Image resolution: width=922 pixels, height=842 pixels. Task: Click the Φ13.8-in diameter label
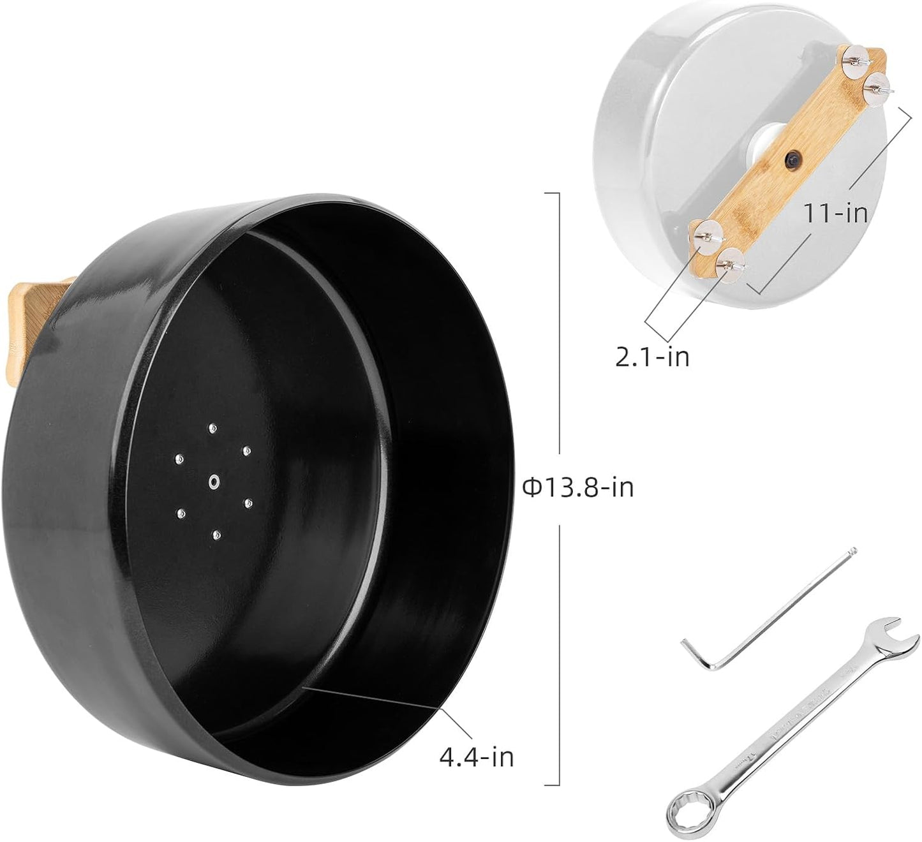pyautogui.click(x=577, y=488)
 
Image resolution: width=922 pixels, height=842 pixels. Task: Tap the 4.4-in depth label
pyautogui.click(x=476, y=757)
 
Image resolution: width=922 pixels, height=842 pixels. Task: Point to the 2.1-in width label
pyautogui.click(x=652, y=357)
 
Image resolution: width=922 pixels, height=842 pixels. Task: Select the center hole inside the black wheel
pyautogui.click(x=214, y=482)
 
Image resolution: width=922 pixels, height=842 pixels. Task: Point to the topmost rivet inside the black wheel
pyautogui.click(x=212, y=428)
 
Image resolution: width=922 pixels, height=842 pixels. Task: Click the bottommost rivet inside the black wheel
pyautogui.click(x=217, y=535)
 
